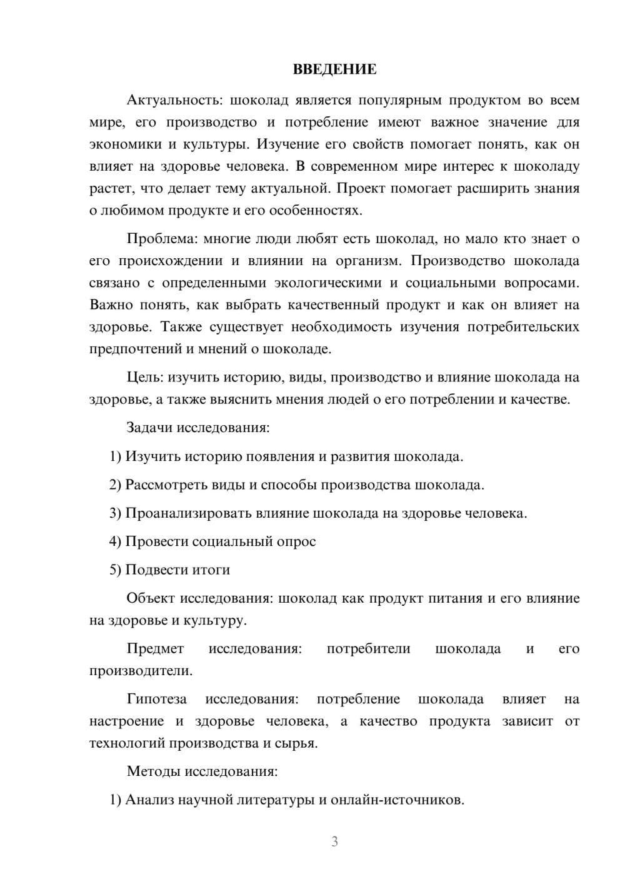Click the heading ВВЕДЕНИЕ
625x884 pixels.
[334, 69]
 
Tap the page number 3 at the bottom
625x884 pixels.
[334, 841]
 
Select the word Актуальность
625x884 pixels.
[173, 100]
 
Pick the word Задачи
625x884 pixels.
[149, 428]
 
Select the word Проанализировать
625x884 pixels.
[189, 513]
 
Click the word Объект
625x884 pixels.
[151, 598]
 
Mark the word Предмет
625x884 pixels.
[155, 648]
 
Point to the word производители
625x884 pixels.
[141, 671]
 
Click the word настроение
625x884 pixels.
[126, 721]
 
